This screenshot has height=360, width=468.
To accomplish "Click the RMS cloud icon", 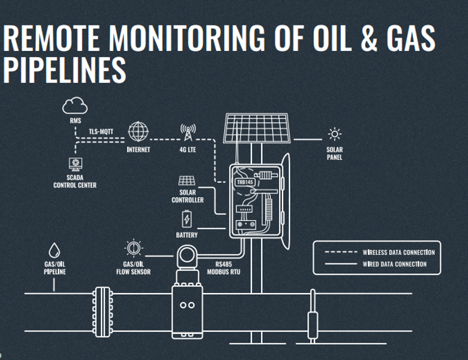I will (x=75, y=106).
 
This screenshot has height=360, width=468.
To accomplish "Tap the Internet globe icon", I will (x=139, y=131).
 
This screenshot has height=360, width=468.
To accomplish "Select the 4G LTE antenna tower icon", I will (x=188, y=132).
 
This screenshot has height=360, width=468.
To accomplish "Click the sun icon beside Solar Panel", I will (x=335, y=135).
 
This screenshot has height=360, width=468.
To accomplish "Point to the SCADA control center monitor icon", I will (x=75, y=164).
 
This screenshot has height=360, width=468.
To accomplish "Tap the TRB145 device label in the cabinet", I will (x=245, y=181).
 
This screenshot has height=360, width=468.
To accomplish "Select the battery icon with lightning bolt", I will (x=187, y=219).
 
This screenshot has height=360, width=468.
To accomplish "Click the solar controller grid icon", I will (x=187, y=181).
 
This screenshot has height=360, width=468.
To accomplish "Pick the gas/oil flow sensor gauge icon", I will (x=133, y=248).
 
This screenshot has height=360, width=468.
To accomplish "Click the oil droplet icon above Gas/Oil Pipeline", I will (x=54, y=250).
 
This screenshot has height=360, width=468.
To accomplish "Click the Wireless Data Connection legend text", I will (x=399, y=252).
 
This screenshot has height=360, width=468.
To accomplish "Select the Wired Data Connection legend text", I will (x=395, y=264).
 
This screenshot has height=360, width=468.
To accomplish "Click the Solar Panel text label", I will (x=334, y=153).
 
